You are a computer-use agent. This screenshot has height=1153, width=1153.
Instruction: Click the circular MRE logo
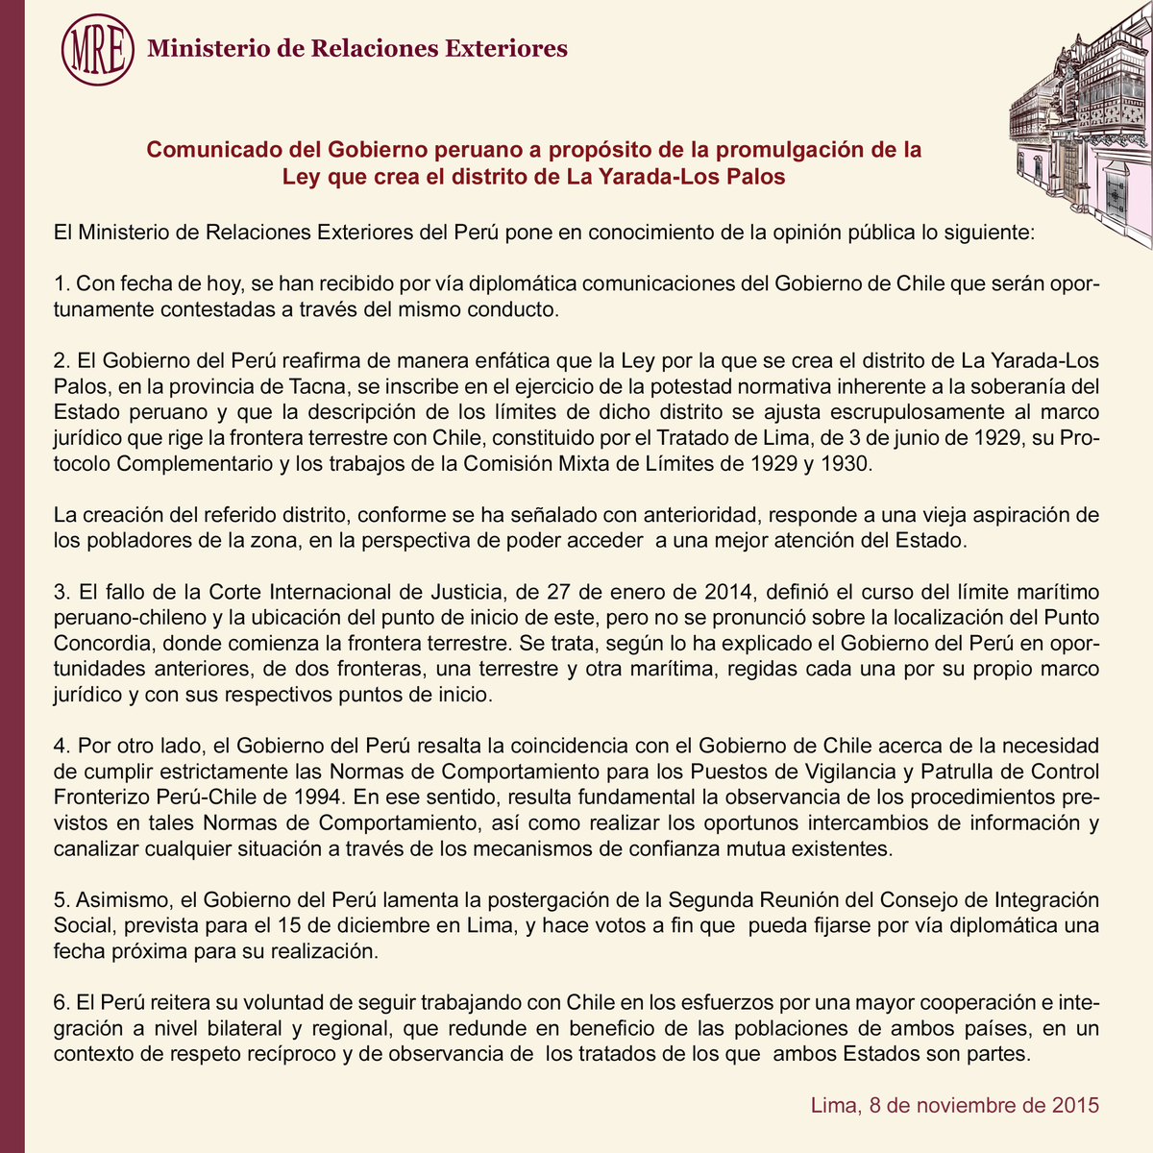(96, 48)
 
